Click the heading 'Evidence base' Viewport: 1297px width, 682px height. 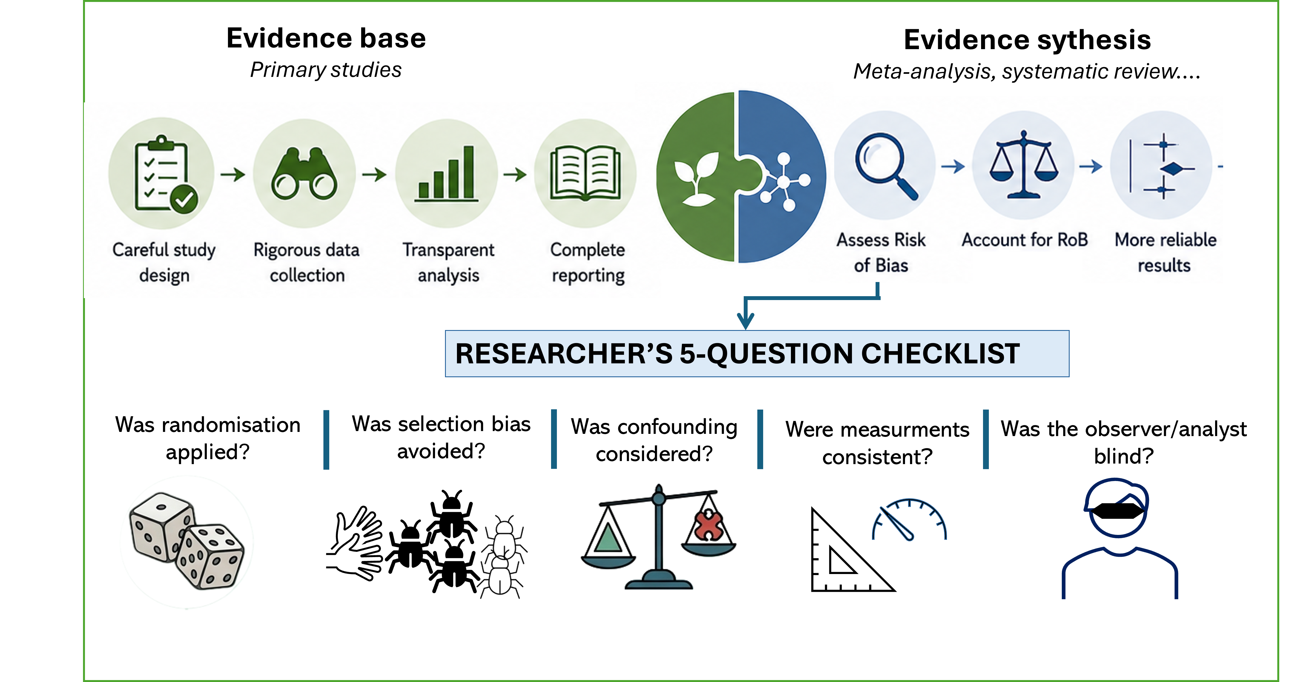(x=326, y=38)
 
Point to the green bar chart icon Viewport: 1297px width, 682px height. (x=446, y=174)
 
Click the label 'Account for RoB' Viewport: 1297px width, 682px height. (x=1025, y=240)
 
